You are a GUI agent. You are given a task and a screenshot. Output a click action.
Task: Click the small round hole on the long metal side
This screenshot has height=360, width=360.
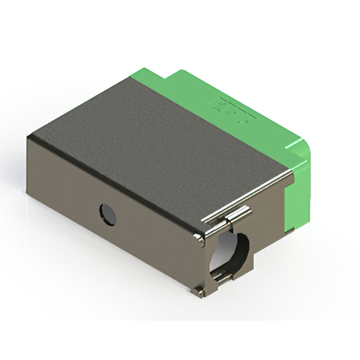108,214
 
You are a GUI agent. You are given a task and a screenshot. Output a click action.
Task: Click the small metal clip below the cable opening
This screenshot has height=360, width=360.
223,277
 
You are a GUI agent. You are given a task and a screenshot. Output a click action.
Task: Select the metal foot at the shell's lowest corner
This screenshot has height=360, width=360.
198,291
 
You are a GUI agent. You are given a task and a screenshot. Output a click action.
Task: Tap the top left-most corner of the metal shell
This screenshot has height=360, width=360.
29,137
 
